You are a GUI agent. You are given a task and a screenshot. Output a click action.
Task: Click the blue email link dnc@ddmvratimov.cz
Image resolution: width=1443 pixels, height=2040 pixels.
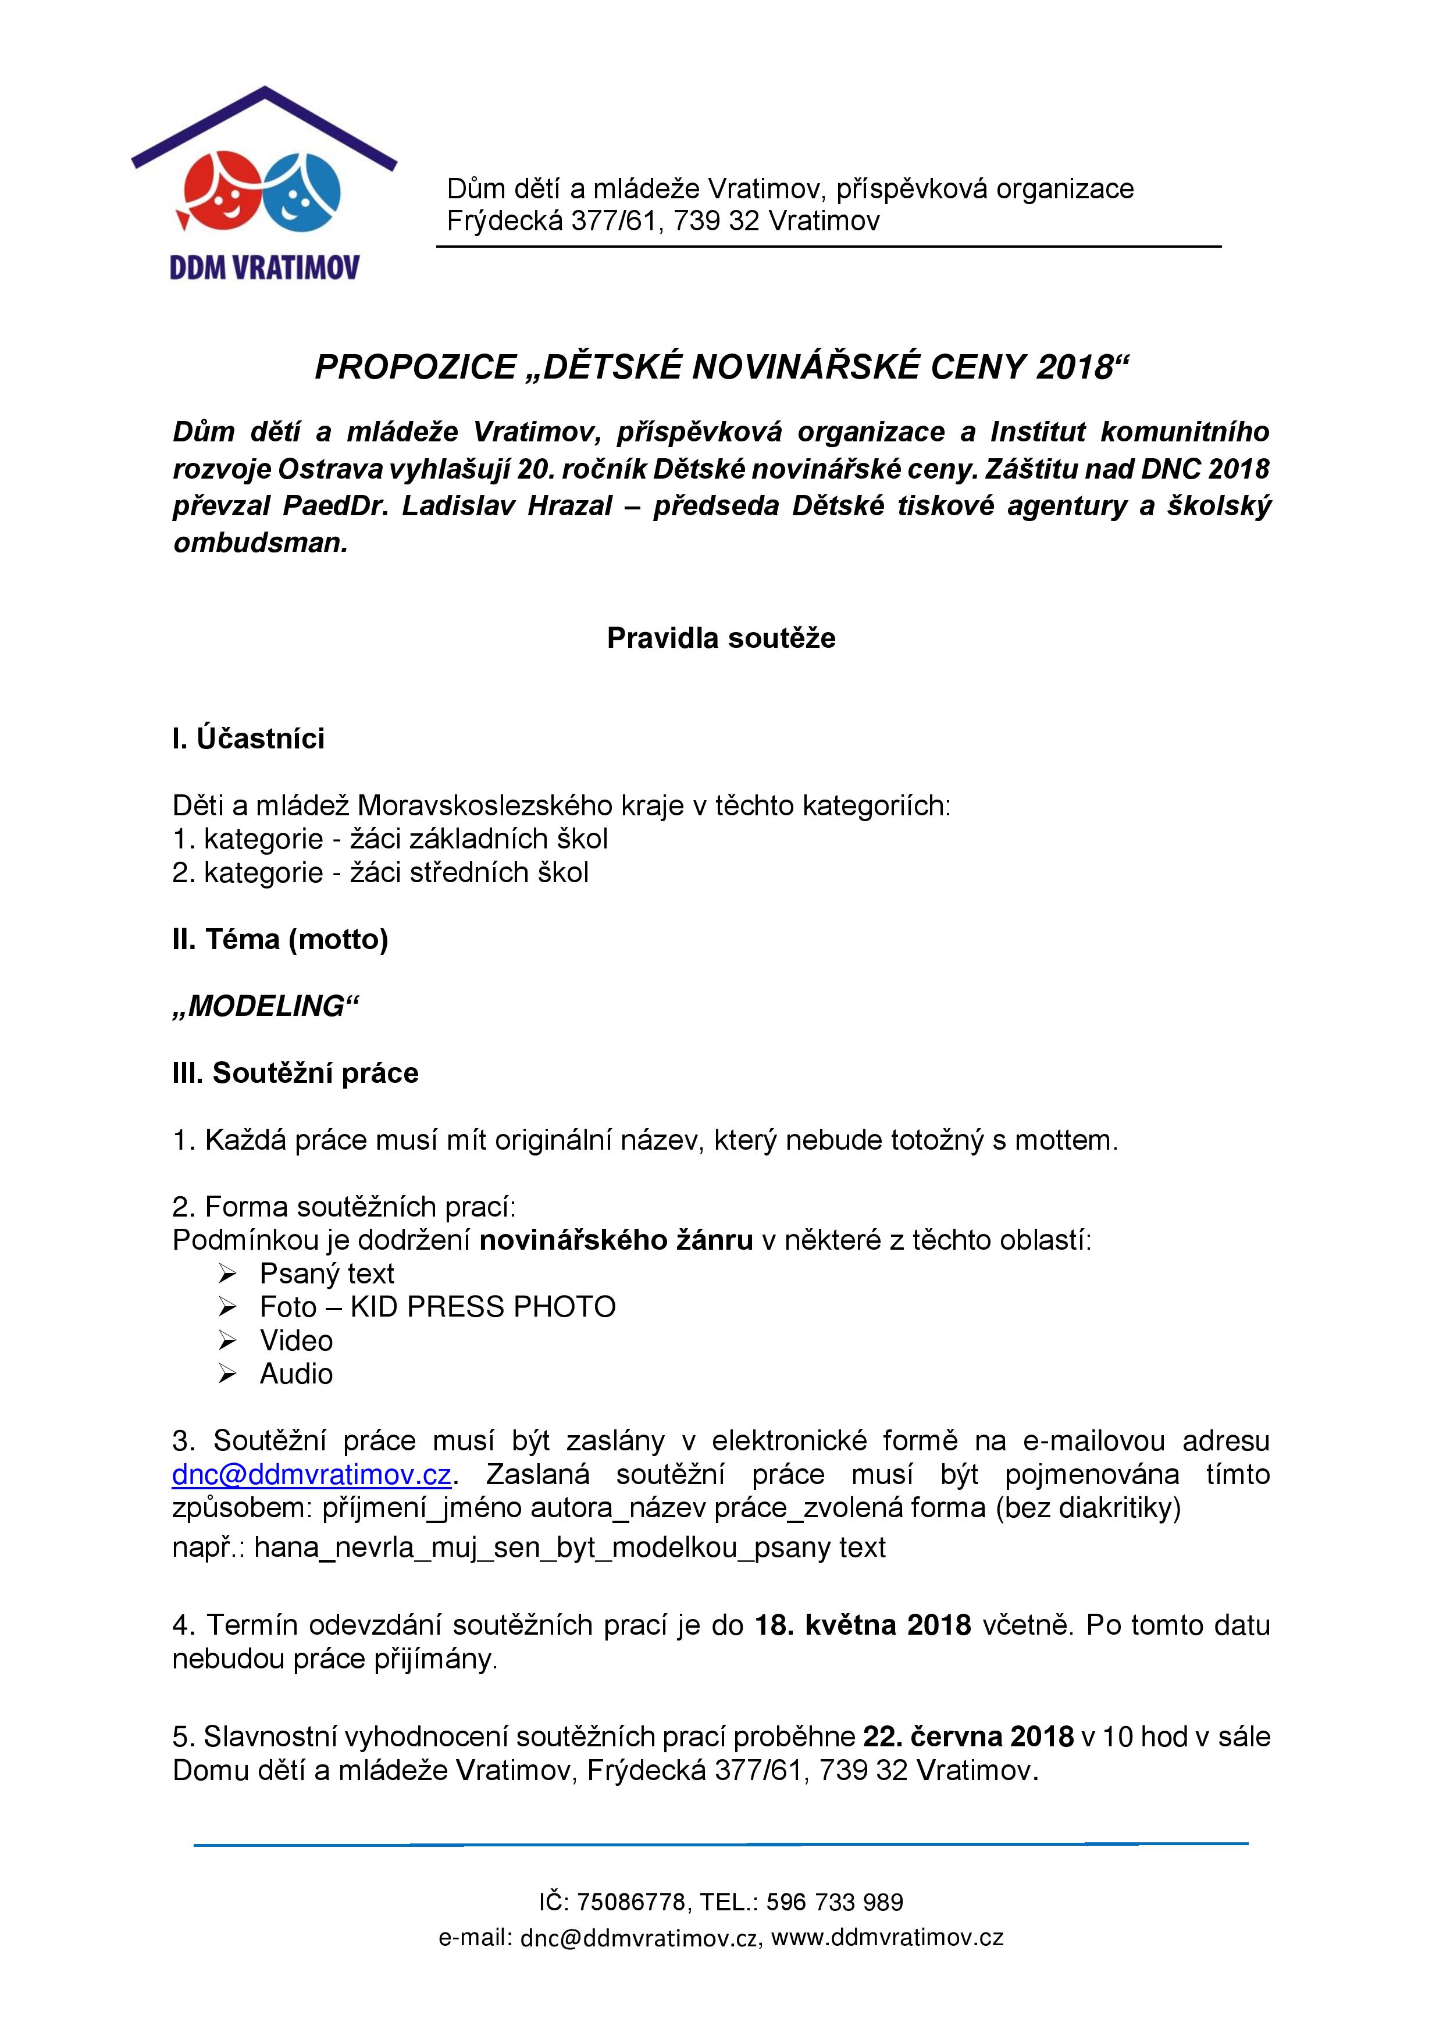click(x=312, y=1474)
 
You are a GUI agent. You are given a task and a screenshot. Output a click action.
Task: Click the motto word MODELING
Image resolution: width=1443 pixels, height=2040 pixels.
click(x=265, y=1006)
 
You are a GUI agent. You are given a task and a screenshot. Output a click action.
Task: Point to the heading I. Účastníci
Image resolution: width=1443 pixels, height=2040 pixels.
click(x=249, y=739)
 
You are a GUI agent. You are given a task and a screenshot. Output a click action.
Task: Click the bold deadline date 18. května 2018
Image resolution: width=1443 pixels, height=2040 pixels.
click(x=863, y=1625)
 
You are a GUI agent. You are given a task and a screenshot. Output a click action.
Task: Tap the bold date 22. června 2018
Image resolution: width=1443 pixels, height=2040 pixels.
click(x=968, y=1736)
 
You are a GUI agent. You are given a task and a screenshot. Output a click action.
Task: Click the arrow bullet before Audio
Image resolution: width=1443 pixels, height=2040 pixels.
click(x=227, y=1375)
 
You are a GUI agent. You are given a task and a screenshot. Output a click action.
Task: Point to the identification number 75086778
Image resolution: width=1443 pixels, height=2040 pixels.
click(x=631, y=1902)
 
